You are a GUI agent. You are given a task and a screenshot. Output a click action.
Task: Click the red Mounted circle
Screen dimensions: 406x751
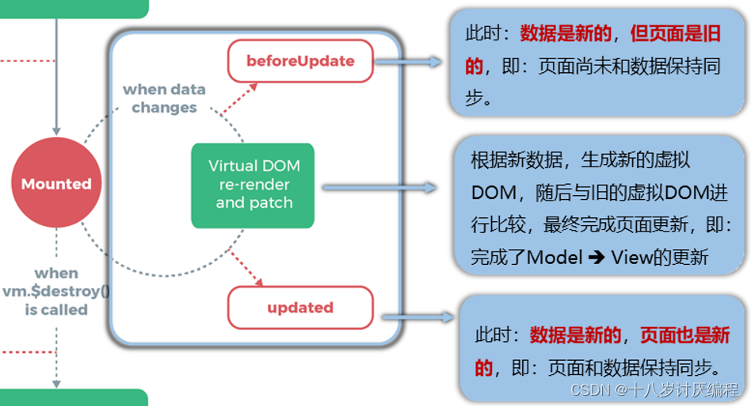click(x=56, y=184)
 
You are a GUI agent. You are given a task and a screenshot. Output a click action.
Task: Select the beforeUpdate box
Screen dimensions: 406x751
click(x=300, y=61)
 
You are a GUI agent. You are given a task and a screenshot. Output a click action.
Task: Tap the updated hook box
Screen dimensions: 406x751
click(x=300, y=308)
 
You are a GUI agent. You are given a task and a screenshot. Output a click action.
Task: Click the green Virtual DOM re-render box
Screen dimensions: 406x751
click(x=254, y=185)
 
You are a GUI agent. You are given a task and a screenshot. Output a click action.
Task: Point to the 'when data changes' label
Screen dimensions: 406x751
click(x=164, y=98)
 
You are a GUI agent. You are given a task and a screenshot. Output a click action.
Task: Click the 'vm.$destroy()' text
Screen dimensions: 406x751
click(x=56, y=291)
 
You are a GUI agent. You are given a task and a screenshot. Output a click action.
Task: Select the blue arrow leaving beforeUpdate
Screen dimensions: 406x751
click(x=409, y=61)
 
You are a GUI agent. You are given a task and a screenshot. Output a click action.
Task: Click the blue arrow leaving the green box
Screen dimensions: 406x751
click(x=379, y=188)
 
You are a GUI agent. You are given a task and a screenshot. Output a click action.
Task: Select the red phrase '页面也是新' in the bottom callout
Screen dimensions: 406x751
click(x=684, y=336)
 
